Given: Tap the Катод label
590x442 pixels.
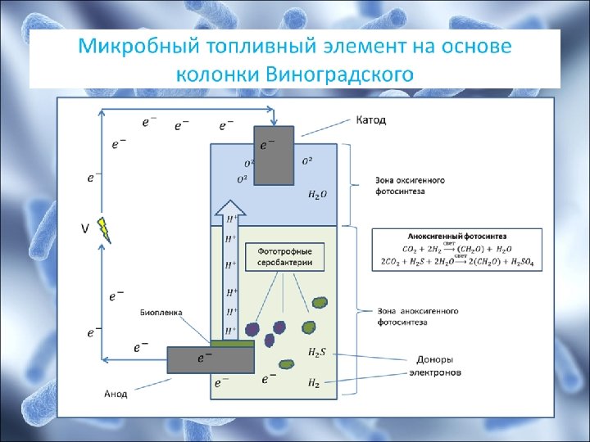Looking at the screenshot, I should tap(370, 120).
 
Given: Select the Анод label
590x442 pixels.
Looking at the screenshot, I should tap(116, 394).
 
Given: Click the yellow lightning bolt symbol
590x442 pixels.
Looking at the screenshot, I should tap(104, 229).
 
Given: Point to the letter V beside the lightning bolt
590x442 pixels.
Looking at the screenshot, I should tap(84, 229).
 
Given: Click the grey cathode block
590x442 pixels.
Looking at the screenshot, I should tap(273, 156).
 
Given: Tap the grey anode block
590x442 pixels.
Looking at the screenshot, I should tap(210, 359).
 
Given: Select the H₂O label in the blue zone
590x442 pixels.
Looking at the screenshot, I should tap(317, 195).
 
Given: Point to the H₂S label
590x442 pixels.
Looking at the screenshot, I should tap(317, 352).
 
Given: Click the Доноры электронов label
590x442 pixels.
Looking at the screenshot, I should tap(435, 366).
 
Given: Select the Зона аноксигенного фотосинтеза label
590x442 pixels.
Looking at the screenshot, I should tap(418, 317).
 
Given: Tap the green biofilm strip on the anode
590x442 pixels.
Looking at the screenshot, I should tap(233, 341).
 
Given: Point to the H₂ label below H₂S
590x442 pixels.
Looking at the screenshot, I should tap(314, 382).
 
